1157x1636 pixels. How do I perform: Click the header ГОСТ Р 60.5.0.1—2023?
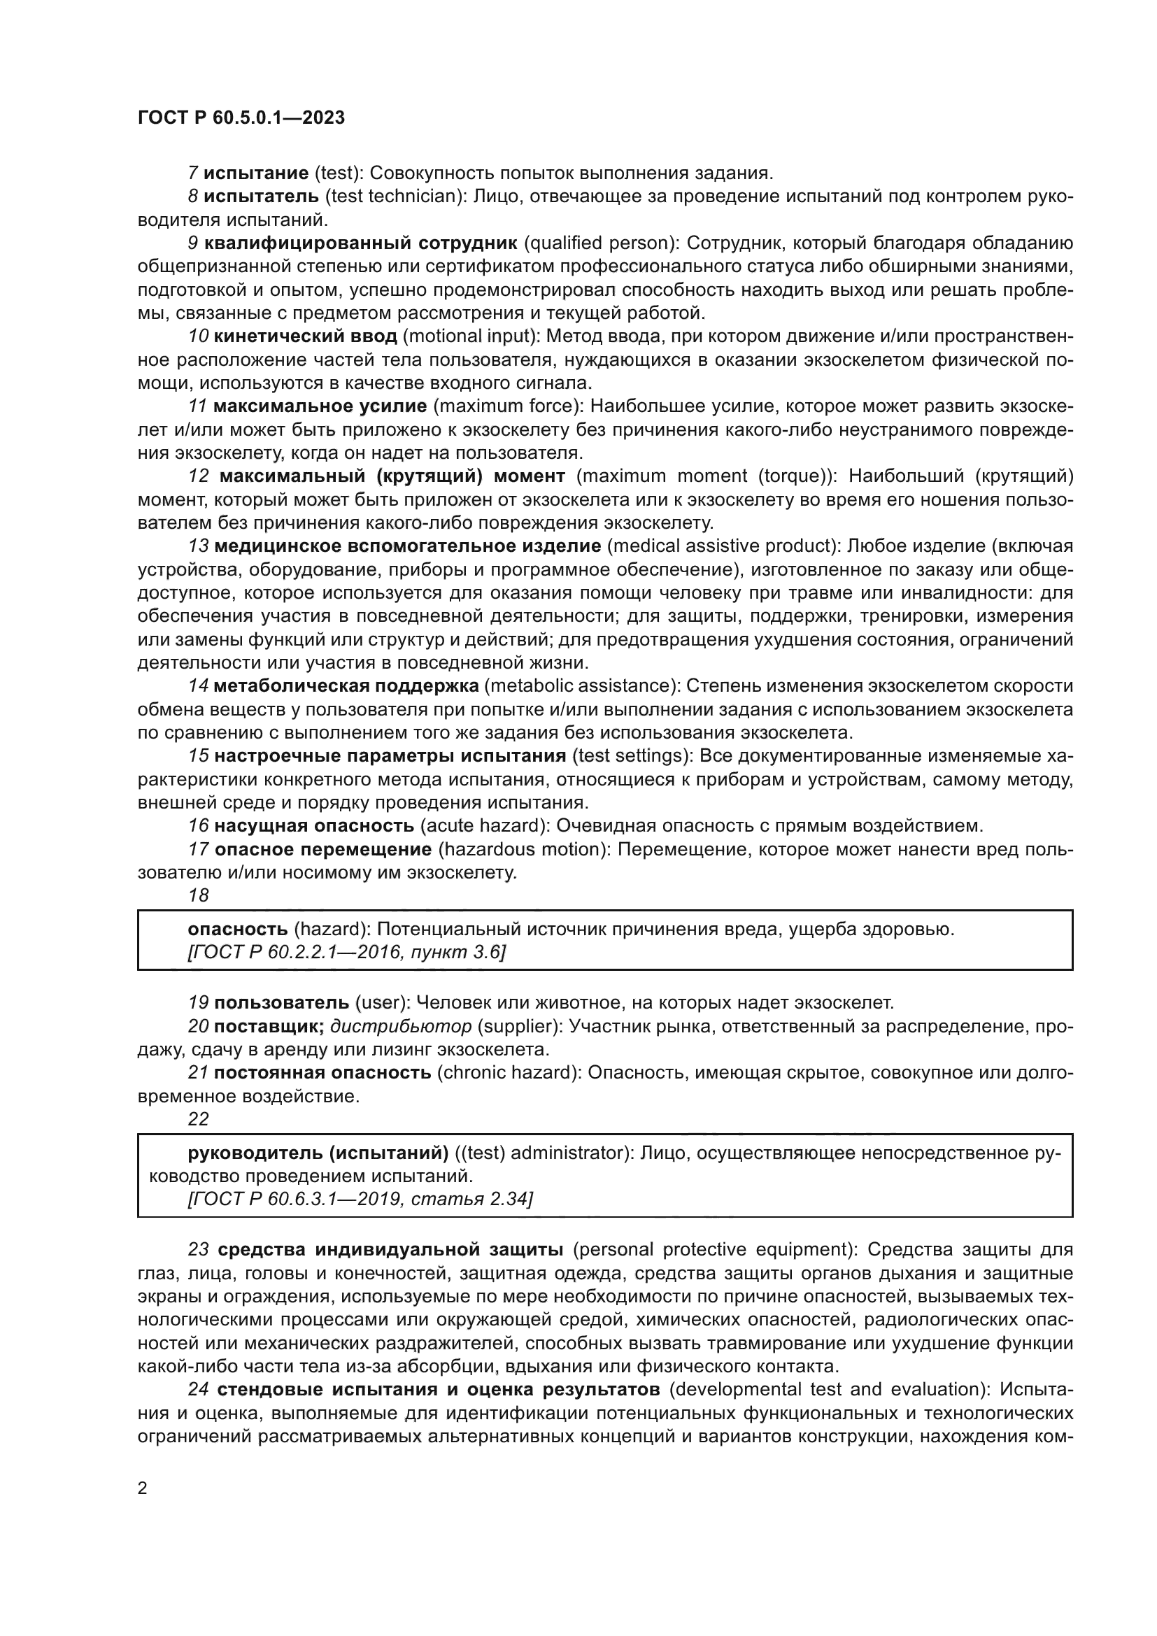tap(241, 118)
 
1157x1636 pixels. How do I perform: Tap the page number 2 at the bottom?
tap(143, 1488)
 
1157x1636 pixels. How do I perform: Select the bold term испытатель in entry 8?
tap(262, 196)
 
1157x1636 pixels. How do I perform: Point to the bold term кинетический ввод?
tap(306, 336)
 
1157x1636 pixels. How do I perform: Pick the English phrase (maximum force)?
tap(506, 406)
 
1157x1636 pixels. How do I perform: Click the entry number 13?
tap(198, 546)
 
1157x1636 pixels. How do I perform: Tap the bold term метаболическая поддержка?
tap(346, 686)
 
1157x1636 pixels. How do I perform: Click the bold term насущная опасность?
tap(314, 826)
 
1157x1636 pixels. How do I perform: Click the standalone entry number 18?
tap(198, 896)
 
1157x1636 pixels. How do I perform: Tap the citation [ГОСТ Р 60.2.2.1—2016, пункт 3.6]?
tap(346, 952)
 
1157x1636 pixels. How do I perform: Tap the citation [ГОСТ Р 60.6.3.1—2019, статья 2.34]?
tap(360, 1200)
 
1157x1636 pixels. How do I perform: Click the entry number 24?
tap(198, 1390)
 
